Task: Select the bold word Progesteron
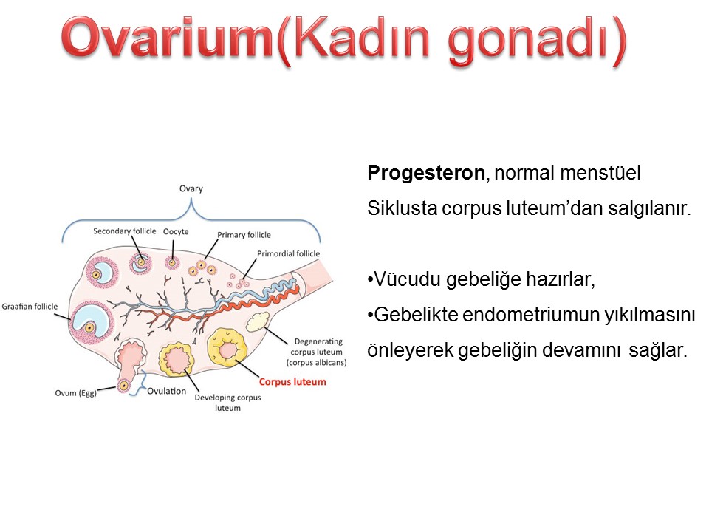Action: [x=426, y=173]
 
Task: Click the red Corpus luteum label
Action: [x=292, y=382]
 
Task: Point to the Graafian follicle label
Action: [x=30, y=306]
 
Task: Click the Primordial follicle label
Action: [x=289, y=253]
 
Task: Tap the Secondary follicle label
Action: [x=124, y=231]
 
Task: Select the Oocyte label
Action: [x=176, y=231]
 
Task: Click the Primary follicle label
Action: [x=244, y=235]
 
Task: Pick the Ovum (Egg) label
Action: [x=76, y=393]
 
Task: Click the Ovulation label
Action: [x=166, y=392]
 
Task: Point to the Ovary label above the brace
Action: [x=191, y=188]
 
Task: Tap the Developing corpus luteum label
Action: [x=228, y=403]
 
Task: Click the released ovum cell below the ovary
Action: [x=123, y=386]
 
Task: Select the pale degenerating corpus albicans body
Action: [x=257, y=321]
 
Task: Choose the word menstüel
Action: [x=600, y=173]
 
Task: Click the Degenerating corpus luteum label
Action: [x=317, y=352]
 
